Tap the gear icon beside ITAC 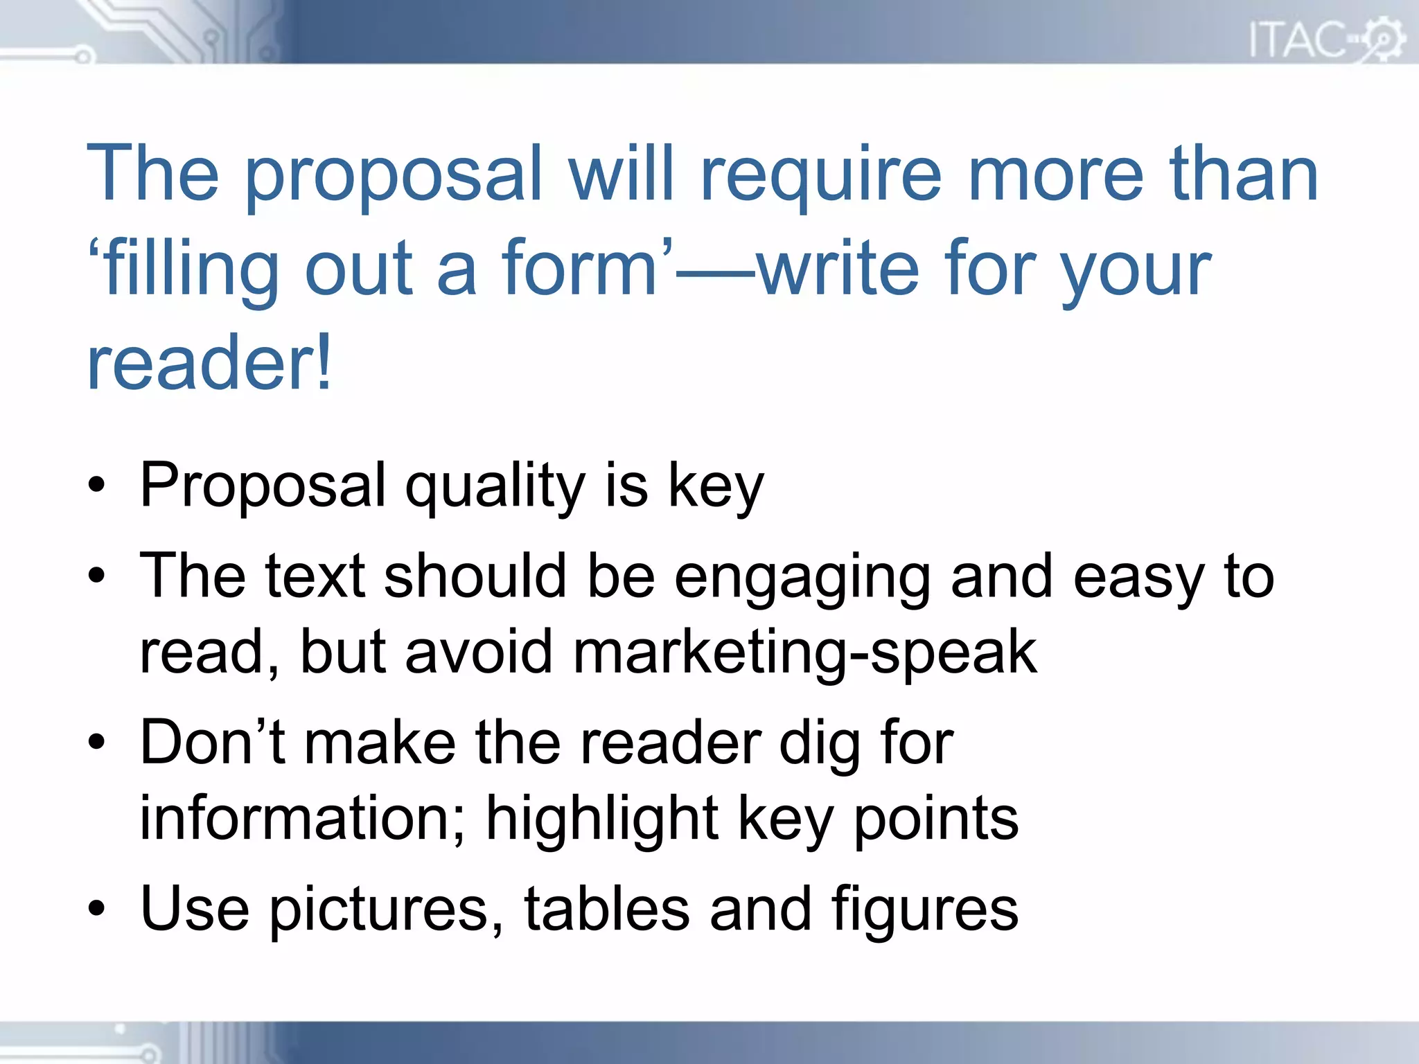pos(1383,39)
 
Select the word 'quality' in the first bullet pos(495,486)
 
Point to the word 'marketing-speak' pos(804,653)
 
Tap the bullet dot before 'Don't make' pos(97,743)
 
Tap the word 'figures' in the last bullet pos(924,910)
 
